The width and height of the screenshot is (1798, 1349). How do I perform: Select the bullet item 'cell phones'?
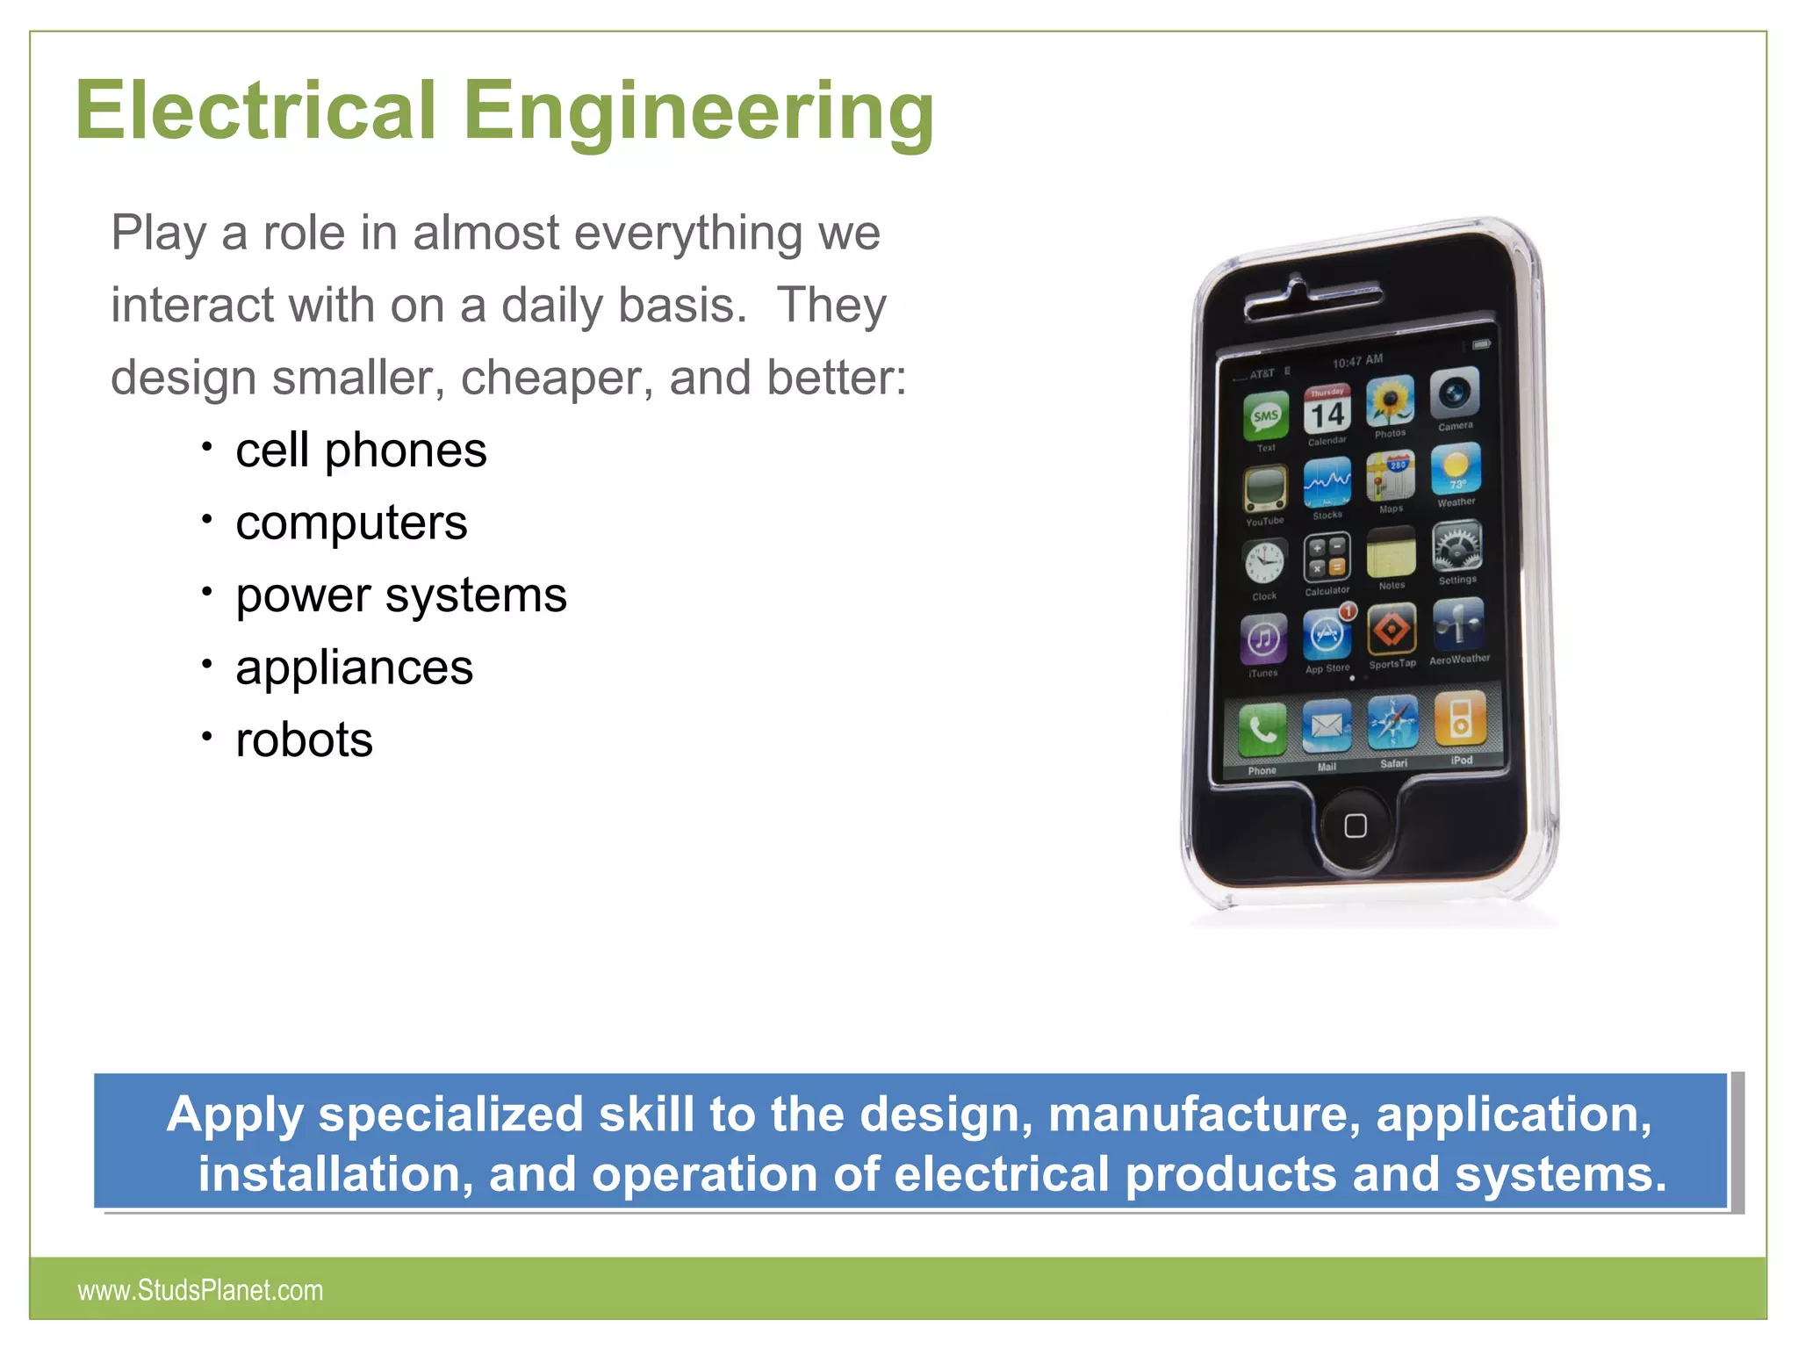(x=361, y=451)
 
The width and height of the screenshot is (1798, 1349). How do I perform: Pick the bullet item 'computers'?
(x=351, y=523)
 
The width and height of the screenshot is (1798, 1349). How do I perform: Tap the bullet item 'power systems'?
(x=401, y=595)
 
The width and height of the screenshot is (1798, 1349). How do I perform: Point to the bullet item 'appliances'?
(x=354, y=667)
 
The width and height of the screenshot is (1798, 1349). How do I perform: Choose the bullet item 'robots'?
(x=304, y=739)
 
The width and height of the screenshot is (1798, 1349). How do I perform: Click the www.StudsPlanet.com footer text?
(x=200, y=1290)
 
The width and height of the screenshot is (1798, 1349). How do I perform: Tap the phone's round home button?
(x=1356, y=826)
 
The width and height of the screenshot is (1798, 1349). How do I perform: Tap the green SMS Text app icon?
(x=1265, y=415)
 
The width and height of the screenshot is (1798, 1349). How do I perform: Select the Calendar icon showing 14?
(x=1327, y=410)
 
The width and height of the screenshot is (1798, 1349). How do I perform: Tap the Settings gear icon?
(x=1457, y=547)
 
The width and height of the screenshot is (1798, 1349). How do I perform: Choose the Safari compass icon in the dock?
(x=1392, y=725)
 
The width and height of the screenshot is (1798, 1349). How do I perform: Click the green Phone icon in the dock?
(x=1262, y=731)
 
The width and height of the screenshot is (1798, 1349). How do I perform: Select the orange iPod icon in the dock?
(x=1460, y=718)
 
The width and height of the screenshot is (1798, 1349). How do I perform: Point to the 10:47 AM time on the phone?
(x=1357, y=360)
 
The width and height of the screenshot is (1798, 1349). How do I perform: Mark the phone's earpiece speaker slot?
(x=1311, y=300)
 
